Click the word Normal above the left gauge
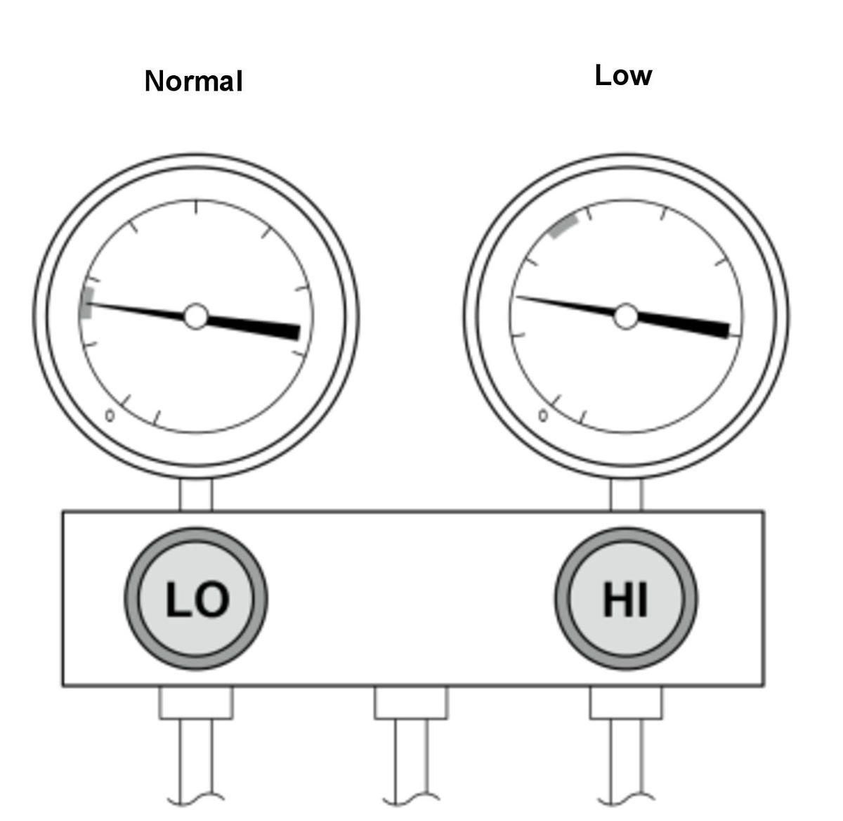pyautogui.click(x=193, y=81)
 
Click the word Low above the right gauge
pyautogui.click(x=623, y=75)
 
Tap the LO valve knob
pyautogui.click(x=196, y=599)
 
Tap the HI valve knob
pyautogui.click(x=625, y=599)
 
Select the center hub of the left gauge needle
pyautogui.click(x=196, y=316)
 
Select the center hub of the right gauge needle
pyautogui.click(x=625, y=316)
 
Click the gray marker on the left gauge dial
pyautogui.click(x=88, y=302)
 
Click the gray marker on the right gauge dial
pyautogui.click(x=563, y=227)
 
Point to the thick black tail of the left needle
pyautogui.click(x=254, y=328)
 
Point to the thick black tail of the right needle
pyautogui.click(x=683, y=326)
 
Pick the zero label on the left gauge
pyautogui.click(x=110, y=415)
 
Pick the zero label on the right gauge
pyautogui.click(x=543, y=415)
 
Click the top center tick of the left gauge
pyautogui.click(x=196, y=207)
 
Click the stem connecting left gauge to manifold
pyautogui.click(x=196, y=495)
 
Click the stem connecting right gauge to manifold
pyautogui.click(x=626, y=495)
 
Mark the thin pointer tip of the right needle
pyautogui.click(x=517, y=297)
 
